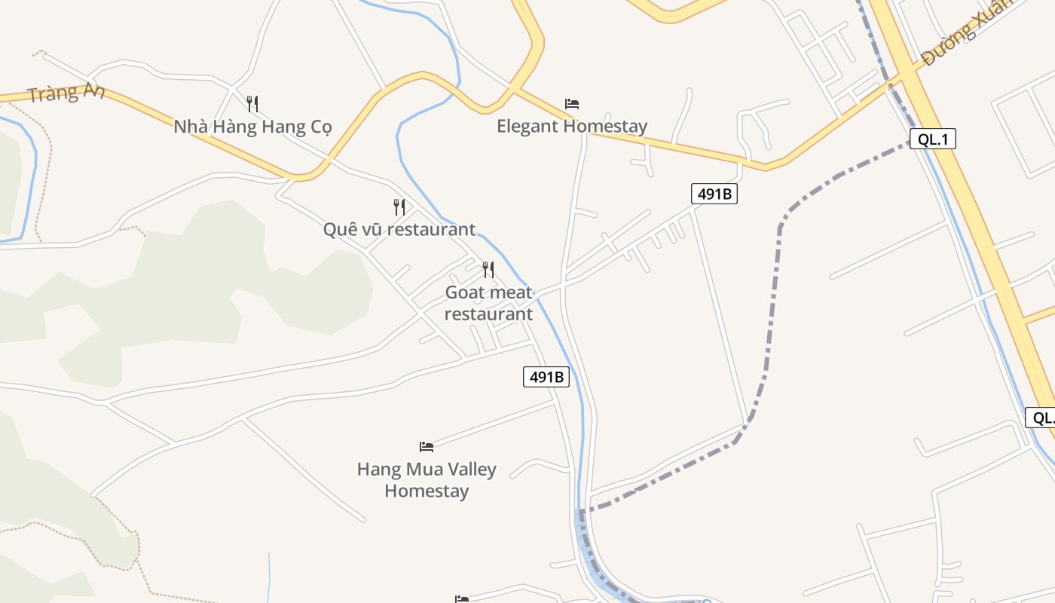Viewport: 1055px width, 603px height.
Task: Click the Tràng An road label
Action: [x=66, y=93]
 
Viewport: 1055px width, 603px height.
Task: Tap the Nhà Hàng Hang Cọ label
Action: [x=252, y=127]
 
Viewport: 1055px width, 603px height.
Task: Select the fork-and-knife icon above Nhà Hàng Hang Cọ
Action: [x=252, y=103]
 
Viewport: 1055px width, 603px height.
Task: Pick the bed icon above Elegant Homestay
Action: [x=572, y=103]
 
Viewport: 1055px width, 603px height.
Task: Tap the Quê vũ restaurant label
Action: [x=399, y=229]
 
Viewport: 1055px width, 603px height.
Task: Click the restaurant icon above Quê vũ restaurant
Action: [x=399, y=207]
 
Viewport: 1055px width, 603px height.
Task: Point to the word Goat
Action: [x=463, y=292]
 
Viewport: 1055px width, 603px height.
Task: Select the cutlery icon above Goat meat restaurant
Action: [x=488, y=269]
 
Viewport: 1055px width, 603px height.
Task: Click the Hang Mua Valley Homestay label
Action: [x=427, y=480]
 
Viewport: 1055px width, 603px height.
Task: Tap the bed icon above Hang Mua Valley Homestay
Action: [x=427, y=446]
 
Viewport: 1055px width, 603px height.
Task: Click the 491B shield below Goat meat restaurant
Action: [x=546, y=377]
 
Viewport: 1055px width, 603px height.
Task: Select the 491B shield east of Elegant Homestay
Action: [x=714, y=194]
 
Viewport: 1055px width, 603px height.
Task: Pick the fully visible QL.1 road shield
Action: [x=932, y=139]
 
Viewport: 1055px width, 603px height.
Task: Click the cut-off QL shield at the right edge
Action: [x=1041, y=418]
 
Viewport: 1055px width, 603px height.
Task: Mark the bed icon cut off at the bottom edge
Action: [x=462, y=599]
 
